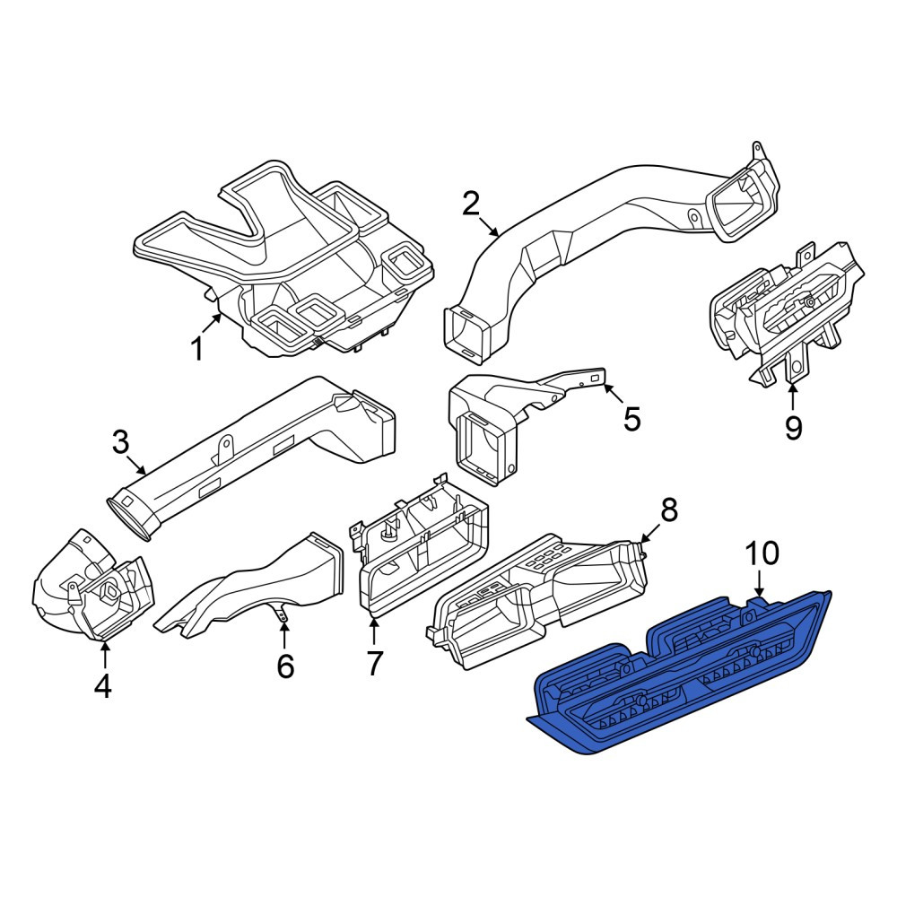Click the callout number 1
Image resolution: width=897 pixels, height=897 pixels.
point(196,348)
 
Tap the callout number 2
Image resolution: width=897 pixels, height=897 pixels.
point(470,205)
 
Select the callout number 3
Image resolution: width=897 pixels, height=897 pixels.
point(121,442)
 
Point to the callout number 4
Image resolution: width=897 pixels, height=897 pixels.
point(103,686)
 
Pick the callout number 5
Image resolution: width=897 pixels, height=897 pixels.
point(631,419)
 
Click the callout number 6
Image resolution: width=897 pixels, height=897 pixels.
point(285,666)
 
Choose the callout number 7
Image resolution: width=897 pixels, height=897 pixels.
point(373,664)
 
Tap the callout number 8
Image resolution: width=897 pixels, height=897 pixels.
point(668,509)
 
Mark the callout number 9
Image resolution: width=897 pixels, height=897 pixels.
point(793,427)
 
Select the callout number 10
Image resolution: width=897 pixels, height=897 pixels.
point(762,553)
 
